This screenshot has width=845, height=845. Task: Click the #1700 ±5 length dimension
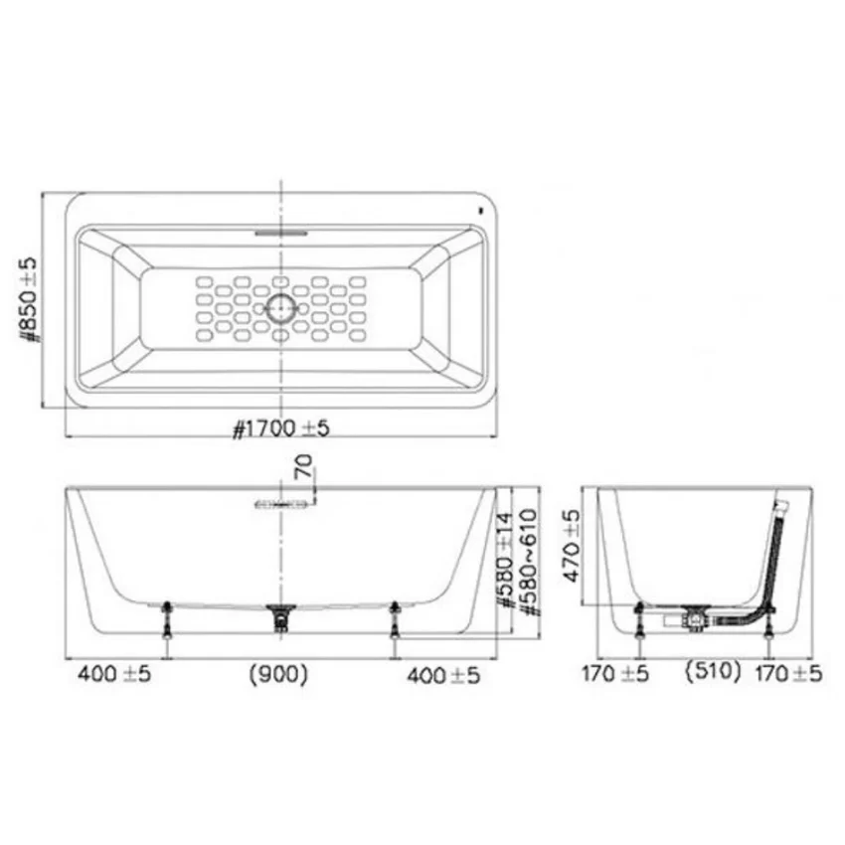pyautogui.click(x=280, y=429)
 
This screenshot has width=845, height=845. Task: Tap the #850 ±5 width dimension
pyautogui.click(x=28, y=299)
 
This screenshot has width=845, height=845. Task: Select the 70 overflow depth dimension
pyautogui.click(x=304, y=466)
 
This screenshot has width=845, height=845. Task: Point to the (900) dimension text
pyautogui.click(x=278, y=675)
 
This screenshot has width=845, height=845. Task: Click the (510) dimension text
pyautogui.click(x=713, y=671)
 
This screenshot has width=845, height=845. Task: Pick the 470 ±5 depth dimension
pyautogui.click(x=572, y=546)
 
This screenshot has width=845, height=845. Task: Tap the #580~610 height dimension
pyautogui.click(x=529, y=562)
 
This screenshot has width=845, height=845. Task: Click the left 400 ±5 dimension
pyautogui.click(x=114, y=674)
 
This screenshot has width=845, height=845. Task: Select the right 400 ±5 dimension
pyautogui.click(x=443, y=675)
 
